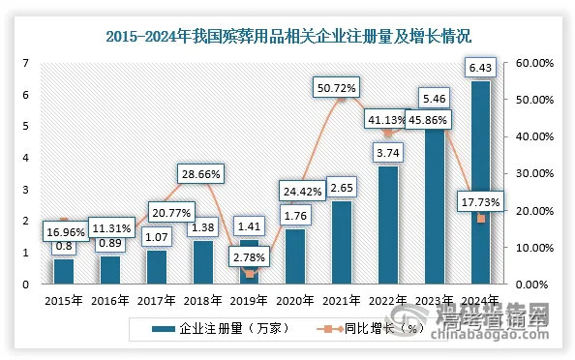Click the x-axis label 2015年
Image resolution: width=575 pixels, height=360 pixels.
pos(63,300)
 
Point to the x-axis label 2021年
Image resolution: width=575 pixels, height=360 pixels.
pos(341,300)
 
